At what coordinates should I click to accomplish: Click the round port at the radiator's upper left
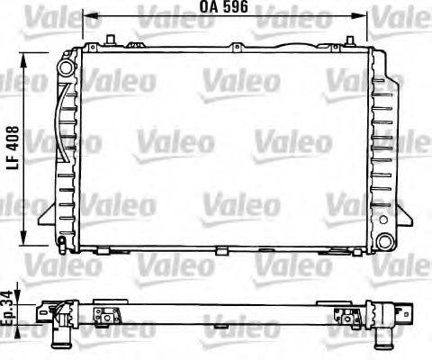[65, 67]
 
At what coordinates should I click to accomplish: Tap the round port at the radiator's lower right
[385, 241]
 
